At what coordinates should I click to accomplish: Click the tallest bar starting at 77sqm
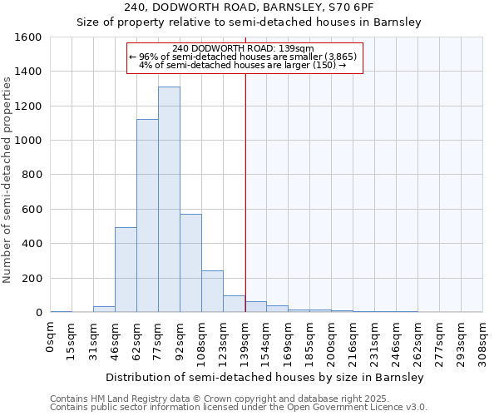pos(169,200)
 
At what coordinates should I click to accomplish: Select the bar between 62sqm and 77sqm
pos(147,216)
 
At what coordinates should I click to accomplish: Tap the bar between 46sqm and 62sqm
pos(126,270)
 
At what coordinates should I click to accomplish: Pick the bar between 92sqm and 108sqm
pos(190,263)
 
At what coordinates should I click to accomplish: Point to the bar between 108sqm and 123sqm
pos(212,291)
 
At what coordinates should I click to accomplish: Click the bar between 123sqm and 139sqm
pos(234,304)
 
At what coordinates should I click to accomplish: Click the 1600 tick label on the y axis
pos(28,37)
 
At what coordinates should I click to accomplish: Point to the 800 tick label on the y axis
pos(32,175)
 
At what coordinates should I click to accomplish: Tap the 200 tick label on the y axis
pos(32,278)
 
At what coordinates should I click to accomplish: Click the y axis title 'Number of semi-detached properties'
pos(7,176)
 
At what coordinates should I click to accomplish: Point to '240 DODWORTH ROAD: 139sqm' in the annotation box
pos(245,48)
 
